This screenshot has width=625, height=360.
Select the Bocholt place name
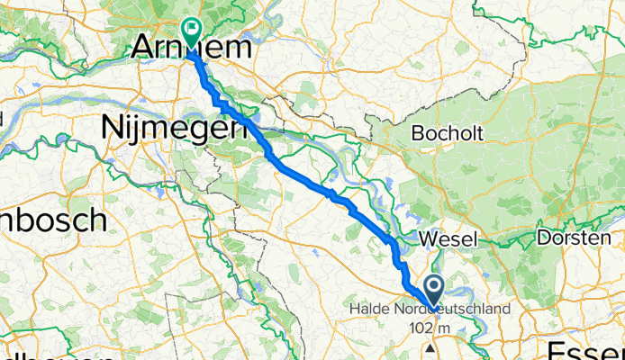click(x=447, y=133)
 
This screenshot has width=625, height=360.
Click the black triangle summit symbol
click(x=432, y=346)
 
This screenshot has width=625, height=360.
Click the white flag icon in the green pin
click(x=192, y=29)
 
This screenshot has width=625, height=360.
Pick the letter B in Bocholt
click(x=417, y=133)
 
